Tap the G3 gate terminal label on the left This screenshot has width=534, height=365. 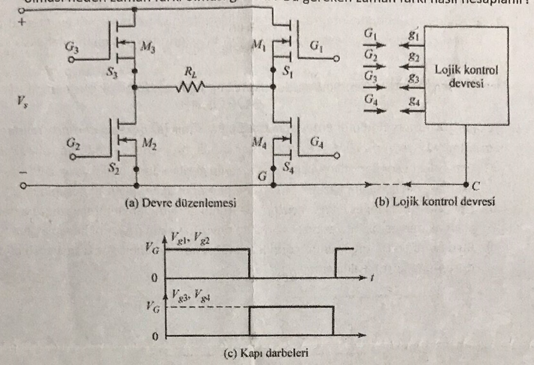[72, 47]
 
